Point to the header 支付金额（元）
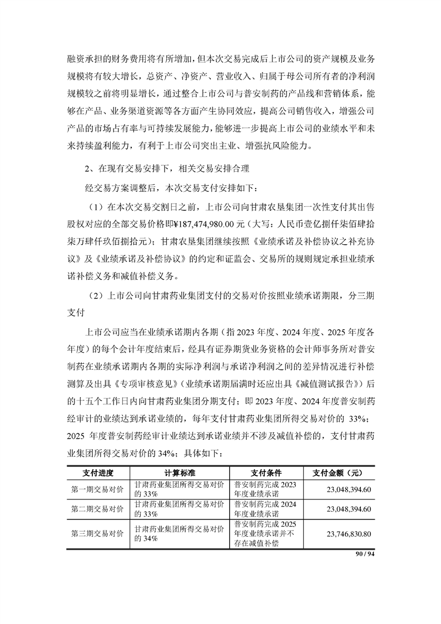(x=338, y=473)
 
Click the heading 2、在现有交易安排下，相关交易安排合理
(x=167, y=167)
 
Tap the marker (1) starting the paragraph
(x=96, y=206)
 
